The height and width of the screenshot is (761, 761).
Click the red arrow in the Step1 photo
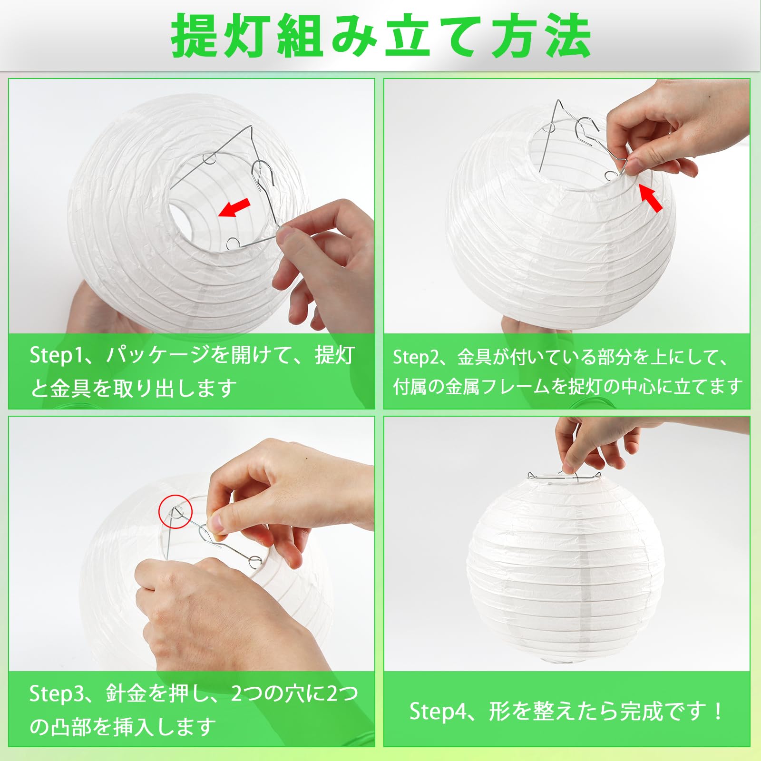coord(234,207)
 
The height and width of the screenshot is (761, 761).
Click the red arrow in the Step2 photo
coord(650,197)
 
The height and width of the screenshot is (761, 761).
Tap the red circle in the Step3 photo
coord(175,511)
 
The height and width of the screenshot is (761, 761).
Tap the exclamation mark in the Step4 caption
coord(718,712)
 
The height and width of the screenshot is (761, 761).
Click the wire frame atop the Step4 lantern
coord(564,476)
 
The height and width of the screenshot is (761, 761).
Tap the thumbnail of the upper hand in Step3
coord(217,522)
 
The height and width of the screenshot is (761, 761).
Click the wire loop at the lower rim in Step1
coord(233,244)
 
